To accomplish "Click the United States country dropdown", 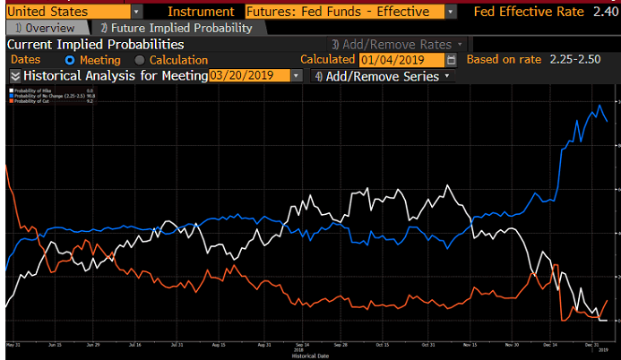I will click(x=72, y=12).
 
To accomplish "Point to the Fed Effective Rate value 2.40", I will click(x=605, y=12).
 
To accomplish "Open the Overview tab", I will click(x=46, y=28).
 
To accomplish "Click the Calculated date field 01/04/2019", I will click(x=400, y=60).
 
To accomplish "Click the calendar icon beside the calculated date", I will click(x=451, y=60).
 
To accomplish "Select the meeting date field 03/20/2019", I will click(x=255, y=76).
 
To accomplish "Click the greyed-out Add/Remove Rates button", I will click(x=398, y=44).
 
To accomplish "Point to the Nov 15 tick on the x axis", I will click(x=470, y=344).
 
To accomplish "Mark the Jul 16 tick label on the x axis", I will click(x=136, y=344).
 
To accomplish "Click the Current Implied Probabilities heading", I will click(x=96, y=44).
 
